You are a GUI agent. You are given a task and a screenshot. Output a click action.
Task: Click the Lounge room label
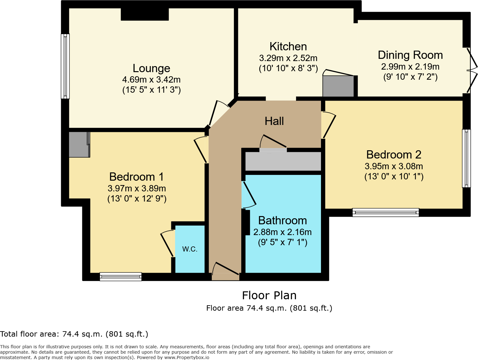click(x=151, y=68)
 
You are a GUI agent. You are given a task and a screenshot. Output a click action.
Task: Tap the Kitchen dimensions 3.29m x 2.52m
click(x=288, y=58)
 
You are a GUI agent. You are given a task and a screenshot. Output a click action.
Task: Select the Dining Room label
click(x=410, y=55)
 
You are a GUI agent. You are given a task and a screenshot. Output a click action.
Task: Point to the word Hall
click(x=274, y=121)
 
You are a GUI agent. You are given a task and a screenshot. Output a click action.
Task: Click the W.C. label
click(x=190, y=249)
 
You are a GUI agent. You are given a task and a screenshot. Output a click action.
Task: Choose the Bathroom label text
click(x=282, y=220)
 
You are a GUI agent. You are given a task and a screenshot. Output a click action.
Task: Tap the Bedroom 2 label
click(x=394, y=155)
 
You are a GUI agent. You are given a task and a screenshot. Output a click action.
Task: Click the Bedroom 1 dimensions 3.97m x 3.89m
click(x=137, y=189)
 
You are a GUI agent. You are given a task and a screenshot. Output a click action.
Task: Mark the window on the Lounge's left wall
click(x=65, y=66)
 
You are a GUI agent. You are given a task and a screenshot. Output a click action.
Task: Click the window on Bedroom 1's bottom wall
click(x=121, y=276)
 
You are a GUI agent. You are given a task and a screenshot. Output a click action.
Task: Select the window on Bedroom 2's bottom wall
click(x=386, y=212)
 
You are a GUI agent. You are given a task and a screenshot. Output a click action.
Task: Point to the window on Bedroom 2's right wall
click(x=466, y=158)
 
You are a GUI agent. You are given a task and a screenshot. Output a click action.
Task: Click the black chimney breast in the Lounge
click(x=145, y=14)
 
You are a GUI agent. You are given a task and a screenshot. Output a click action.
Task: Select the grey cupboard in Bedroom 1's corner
click(x=79, y=145)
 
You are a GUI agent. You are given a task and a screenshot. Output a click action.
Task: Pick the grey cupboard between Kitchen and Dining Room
click(x=338, y=86)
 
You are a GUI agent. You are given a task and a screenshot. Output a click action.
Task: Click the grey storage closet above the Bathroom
click(x=283, y=161)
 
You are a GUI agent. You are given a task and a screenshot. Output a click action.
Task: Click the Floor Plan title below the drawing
click(x=269, y=295)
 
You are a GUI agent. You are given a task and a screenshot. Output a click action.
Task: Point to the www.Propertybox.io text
click(x=187, y=357)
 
